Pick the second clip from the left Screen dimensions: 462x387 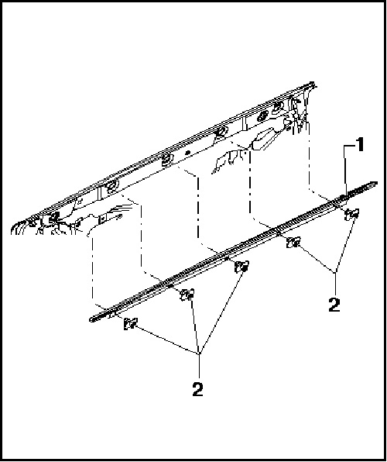pyautogui.click(x=187, y=295)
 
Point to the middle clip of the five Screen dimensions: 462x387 pyautogui.click(x=241, y=268)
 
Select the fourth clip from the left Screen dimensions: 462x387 pyautogui.click(x=293, y=243)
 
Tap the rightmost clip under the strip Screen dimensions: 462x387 pyautogui.click(x=351, y=214)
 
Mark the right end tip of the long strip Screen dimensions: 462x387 pyautogui.click(x=377, y=184)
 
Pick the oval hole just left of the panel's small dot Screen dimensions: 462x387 pyautogui.click(x=166, y=161)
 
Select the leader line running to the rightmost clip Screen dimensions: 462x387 pyautogui.click(x=344, y=244)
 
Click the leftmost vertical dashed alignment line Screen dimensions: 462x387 pyautogui.click(x=91, y=267)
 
